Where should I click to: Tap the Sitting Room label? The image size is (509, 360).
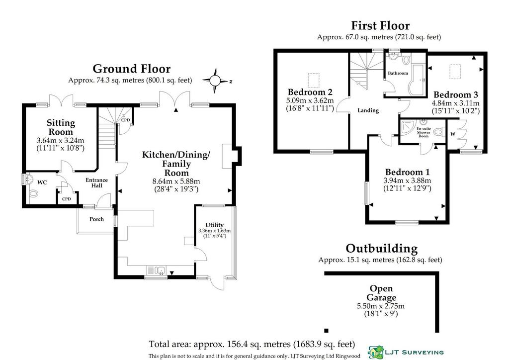pos(61,127)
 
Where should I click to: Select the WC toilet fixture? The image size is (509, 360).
pos(33,194)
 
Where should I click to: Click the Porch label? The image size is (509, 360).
pos(97,219)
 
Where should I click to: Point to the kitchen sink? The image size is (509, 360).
pos(157,270)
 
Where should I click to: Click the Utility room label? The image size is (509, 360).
pos(215,225)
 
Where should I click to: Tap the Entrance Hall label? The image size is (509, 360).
pos(97,183)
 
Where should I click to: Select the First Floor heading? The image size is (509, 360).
pos(380,25)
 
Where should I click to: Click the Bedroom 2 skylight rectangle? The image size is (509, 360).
pos(314,80)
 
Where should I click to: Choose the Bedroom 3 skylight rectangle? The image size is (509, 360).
pos(455,72)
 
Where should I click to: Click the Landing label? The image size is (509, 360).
pos(368,110)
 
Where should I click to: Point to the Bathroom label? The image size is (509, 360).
pos(398,73)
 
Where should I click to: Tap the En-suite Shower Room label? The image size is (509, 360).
pos(424,132)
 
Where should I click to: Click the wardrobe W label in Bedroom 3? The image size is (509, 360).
pos(453,134)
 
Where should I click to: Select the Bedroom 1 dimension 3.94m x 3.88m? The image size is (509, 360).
pos(408,180)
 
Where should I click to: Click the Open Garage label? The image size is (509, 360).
pos(381,293)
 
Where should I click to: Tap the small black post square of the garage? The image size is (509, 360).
pos(326,331)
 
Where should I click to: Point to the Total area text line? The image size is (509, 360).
pos(252,344)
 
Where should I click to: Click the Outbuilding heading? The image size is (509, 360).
pos(381,248)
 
